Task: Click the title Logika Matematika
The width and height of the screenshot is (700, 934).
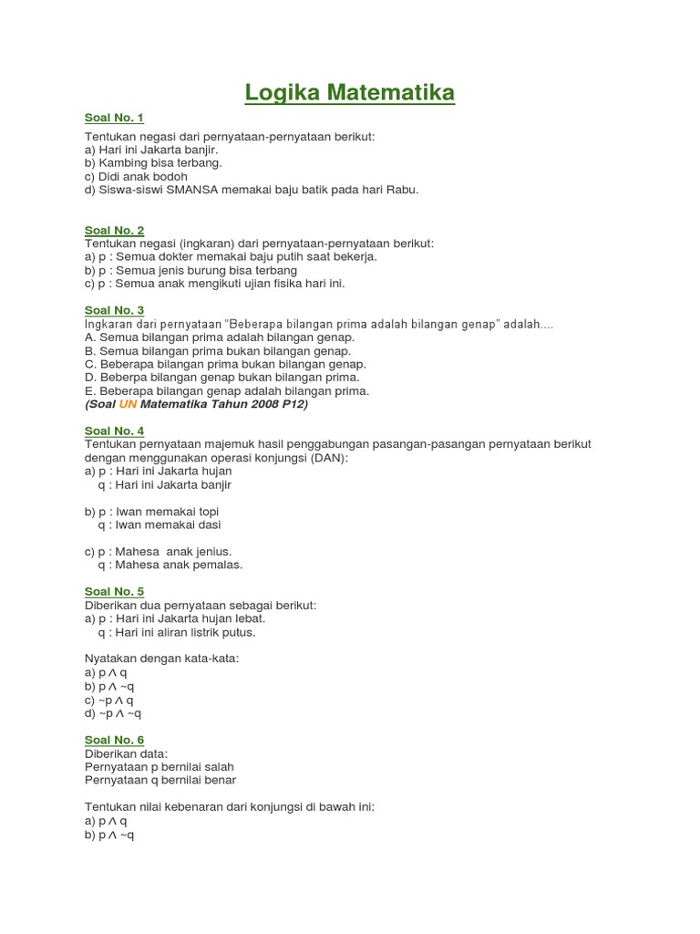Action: tap(350, 93)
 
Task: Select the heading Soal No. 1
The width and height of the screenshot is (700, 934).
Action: tap(114, 118)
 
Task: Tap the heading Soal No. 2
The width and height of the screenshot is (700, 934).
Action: tap(114, 231)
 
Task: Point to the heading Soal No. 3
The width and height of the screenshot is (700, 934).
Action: tap(114, 311)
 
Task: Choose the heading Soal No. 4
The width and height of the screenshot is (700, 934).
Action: tap(114, 431)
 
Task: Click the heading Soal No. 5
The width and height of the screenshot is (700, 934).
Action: tap(114, 592)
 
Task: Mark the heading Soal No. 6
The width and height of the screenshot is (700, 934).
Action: tap(114, 740)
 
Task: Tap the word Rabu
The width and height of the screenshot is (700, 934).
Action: tap(401, 190)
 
